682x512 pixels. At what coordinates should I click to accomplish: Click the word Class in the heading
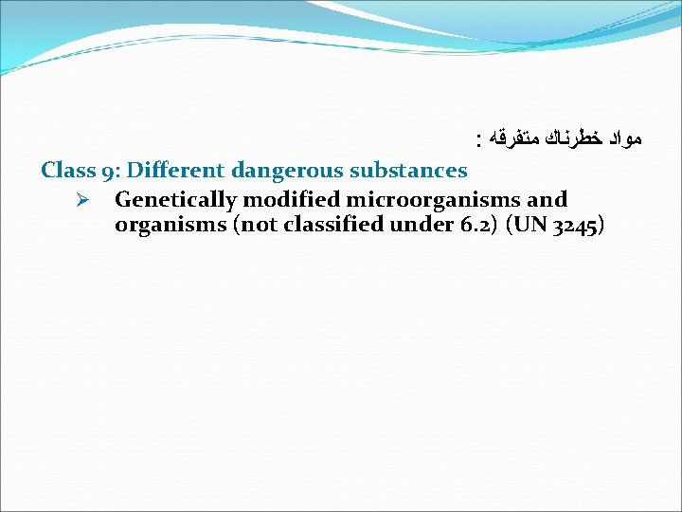(66, 171)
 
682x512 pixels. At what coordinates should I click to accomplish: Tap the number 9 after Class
(110, 171)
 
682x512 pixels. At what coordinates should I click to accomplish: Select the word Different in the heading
(174, 171)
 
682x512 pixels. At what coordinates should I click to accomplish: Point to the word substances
(408, 171)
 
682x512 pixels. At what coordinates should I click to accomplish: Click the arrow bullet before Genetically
(81, 200)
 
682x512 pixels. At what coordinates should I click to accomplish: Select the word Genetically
(175, 200)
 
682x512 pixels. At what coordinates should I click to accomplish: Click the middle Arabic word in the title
(570, 140)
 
